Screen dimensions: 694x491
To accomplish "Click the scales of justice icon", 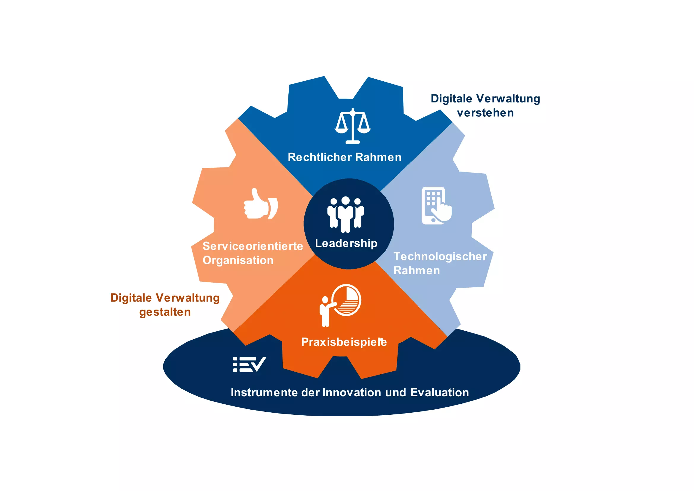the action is click(x=352, y=126).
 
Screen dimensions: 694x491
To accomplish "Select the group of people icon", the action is click(x=345, y=214).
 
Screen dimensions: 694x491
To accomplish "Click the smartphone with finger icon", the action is click(x=436, y=206).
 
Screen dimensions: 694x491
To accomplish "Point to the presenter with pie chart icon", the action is click(x=340, y=305).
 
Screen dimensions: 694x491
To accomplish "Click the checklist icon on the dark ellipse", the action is click(x=249, y=364).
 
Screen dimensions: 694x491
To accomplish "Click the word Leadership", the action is click(x=346, y=243).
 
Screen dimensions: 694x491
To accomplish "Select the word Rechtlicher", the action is click(x=320, y=157).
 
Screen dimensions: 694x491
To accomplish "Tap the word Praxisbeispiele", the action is click(x=344, y=342).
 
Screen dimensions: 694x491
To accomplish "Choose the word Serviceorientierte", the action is click(x=253, y=246).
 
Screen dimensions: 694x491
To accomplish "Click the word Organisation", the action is click(x=238, y=260).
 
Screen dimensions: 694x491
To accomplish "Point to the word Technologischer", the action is click(x=440, y=256).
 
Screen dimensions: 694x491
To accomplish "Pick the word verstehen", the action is click(x=485, y=113).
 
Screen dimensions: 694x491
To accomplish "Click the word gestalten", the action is click(x=165, y=312).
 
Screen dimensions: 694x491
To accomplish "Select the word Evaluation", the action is click(x=439, y=392).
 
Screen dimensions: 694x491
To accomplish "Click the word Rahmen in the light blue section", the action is click(x=417, y=271).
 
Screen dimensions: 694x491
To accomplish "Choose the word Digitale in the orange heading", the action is click(x=131, y=298).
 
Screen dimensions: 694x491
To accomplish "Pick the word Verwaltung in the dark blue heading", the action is click(x=508, y=99).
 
